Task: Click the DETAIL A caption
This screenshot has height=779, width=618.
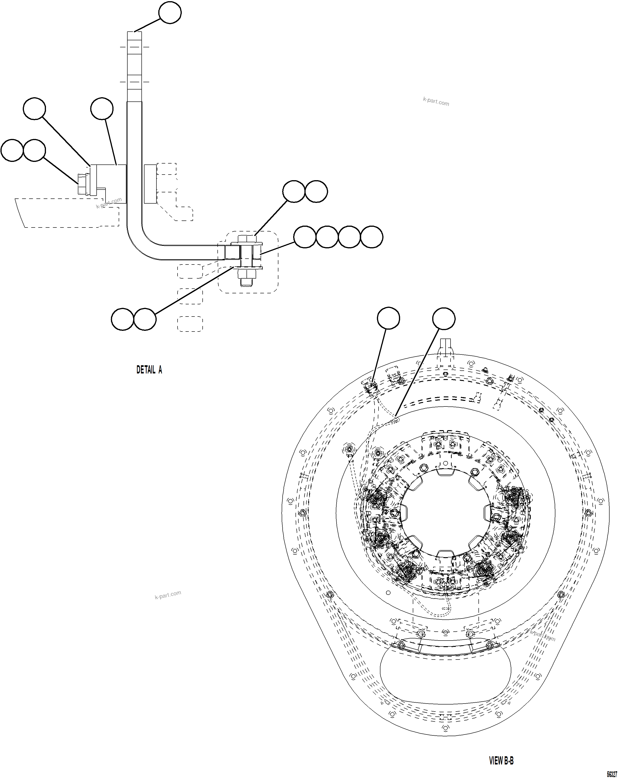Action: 149,370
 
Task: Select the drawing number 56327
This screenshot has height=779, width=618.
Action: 611,774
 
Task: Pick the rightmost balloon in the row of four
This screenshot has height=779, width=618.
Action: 371,237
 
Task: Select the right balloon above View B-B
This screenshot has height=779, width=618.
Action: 444,318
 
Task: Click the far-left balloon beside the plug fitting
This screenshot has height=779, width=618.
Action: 12,150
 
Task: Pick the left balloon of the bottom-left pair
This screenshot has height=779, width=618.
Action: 123,319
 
